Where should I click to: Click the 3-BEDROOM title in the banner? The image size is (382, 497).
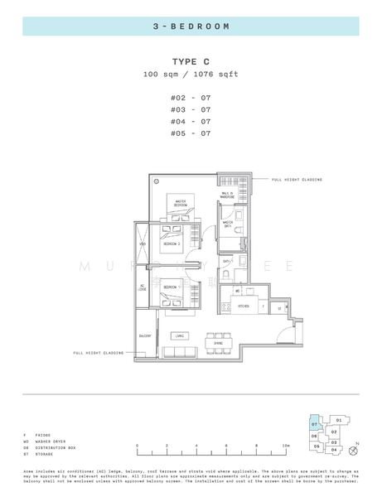(x=191, y=27)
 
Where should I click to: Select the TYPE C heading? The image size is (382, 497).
(x=191, y=61)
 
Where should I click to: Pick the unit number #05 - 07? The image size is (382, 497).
(x=191, y=133)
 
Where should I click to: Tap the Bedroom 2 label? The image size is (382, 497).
(x=172, y=244)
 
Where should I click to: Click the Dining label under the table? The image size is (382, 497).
(x=218, y=343)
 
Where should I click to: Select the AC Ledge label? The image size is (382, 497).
(x=143, y=288)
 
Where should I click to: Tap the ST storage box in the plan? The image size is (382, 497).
(x=280, y=307)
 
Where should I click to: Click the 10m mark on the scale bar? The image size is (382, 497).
(x=286, y=446)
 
